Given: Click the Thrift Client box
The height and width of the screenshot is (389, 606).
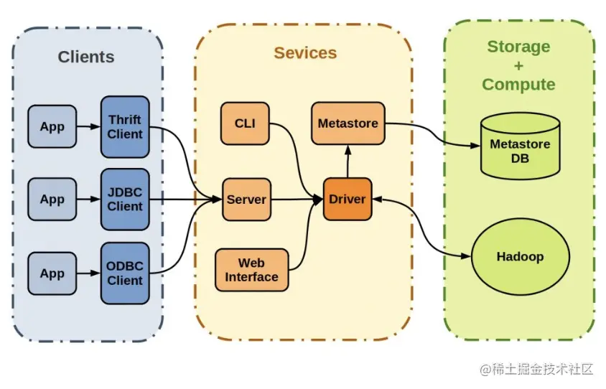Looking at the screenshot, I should [125, 126].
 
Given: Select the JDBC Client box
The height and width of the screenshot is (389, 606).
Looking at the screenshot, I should [125, 199].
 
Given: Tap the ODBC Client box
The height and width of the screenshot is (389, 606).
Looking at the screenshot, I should [125, 273].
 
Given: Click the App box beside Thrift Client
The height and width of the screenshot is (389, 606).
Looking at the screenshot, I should [52, 127].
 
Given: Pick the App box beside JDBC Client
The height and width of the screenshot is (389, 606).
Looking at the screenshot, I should [52, 200].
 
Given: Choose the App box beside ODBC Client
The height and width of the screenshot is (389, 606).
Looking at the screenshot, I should [52, 273].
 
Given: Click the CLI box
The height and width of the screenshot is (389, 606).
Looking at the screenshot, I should [245, 123].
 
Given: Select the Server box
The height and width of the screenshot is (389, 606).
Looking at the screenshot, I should [246, 200].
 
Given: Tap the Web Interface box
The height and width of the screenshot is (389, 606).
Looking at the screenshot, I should [251, 270].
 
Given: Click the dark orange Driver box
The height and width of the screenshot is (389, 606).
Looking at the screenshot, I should [348, 199].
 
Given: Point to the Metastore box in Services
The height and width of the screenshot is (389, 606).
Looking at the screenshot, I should [348, 123].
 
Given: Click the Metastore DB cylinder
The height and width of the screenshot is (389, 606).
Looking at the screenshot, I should [520, 150].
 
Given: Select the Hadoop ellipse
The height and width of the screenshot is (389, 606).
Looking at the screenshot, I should [520, 256].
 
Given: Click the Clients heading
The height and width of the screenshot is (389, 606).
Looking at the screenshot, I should [86, 57].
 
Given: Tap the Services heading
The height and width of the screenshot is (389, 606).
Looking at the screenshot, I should [305, 52].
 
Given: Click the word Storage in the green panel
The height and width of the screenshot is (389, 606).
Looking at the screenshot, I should [518, 47].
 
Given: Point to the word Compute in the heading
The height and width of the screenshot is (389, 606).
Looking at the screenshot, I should [518, 84].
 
